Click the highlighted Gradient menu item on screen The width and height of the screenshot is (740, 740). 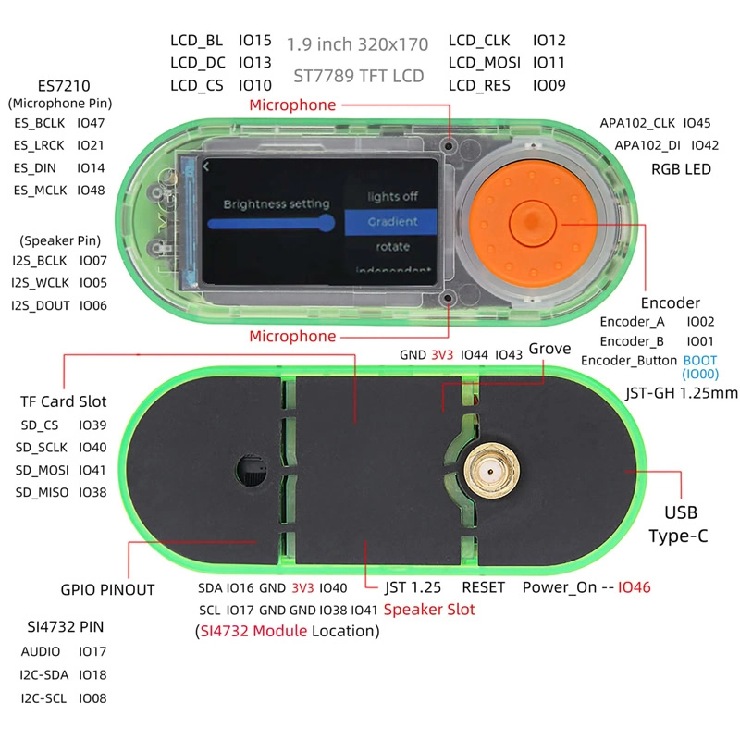[x=392, y=222]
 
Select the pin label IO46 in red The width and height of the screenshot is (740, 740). [x=635, y=586]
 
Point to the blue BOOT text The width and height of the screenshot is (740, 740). [x=698, y=360]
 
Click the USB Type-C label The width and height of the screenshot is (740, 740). [x=680, y=524]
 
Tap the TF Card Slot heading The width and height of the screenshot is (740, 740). [x=64, y=401]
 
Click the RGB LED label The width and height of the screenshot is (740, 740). [x=681, y=168]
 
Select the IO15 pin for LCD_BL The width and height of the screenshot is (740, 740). [x=254, y=41]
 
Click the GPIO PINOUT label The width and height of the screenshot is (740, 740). [x=107, y=589]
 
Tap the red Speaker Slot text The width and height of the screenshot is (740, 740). [x=428, y=610]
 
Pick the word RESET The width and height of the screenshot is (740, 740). [x=483, y=587]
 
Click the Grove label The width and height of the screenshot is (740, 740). [x=549, y=349]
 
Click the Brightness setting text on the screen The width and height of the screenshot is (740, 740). [x=276, y=203]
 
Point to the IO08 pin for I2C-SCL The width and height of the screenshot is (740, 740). [x=92, y=698]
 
